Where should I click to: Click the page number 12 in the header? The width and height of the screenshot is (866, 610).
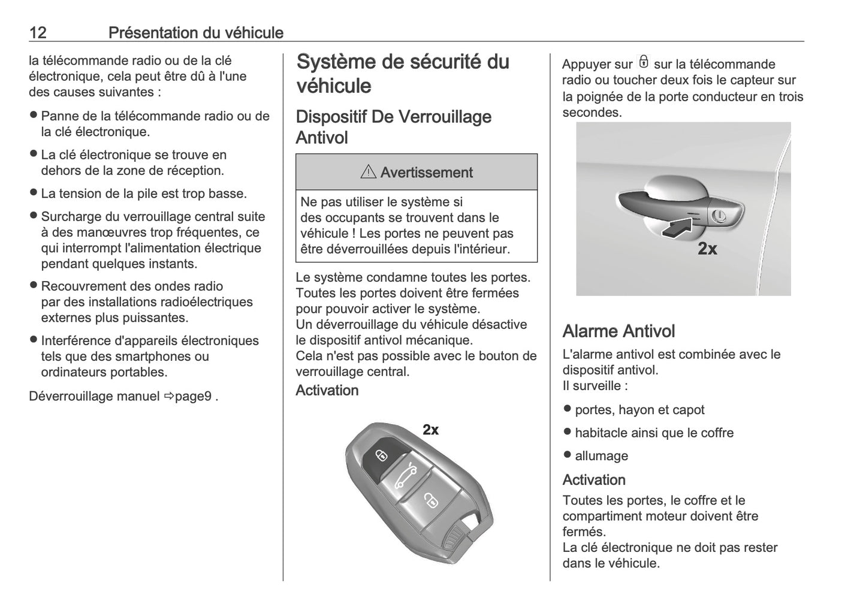pos(38,32)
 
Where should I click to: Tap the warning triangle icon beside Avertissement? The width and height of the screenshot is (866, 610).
pos(367,173)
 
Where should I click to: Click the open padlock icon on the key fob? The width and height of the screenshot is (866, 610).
pos(430,501)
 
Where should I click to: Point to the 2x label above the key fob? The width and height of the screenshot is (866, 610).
pos(430,430)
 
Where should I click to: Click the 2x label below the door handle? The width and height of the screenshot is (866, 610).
pos(707,248)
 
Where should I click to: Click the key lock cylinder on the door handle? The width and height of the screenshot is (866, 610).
pos(720,216)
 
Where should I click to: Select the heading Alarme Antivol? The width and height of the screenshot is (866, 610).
pos(618,331)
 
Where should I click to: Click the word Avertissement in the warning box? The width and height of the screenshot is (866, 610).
pos(426,173)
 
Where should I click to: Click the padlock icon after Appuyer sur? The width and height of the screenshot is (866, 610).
pos(643,62)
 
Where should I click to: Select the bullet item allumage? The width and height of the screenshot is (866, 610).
pos(601,455)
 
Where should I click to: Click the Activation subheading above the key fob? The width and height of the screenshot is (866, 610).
pos(327,390)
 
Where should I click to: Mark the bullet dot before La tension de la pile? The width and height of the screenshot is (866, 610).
pos(34,193)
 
